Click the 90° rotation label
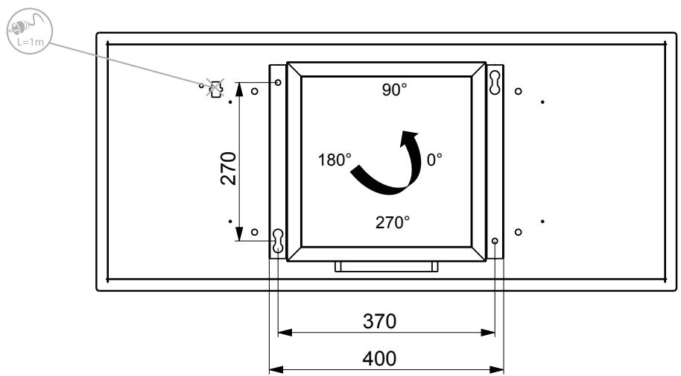[394, 90]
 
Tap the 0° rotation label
[434, 160]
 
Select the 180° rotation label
[335, 160]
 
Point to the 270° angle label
[392, 222]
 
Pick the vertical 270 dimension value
[229, 169]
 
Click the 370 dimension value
[379, 322]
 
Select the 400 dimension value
[379, 359]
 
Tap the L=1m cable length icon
[30, 31]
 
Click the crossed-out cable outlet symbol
[215, 88]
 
